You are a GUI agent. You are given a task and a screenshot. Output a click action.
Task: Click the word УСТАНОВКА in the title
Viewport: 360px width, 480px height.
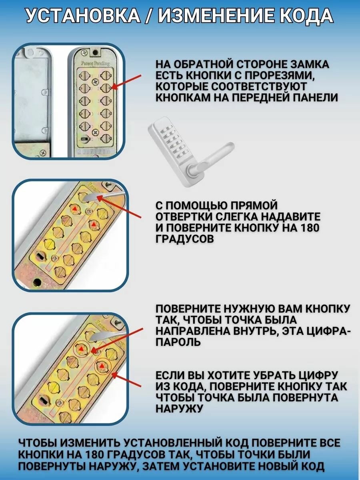pyautogui.click(x=83, y=16)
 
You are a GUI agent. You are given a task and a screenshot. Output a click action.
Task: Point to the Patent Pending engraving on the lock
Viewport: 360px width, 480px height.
pyautogui.click(x=95, y=63)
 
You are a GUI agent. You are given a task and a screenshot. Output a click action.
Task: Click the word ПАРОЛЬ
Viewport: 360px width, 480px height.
pyautogui.click(x=178, y=342)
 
